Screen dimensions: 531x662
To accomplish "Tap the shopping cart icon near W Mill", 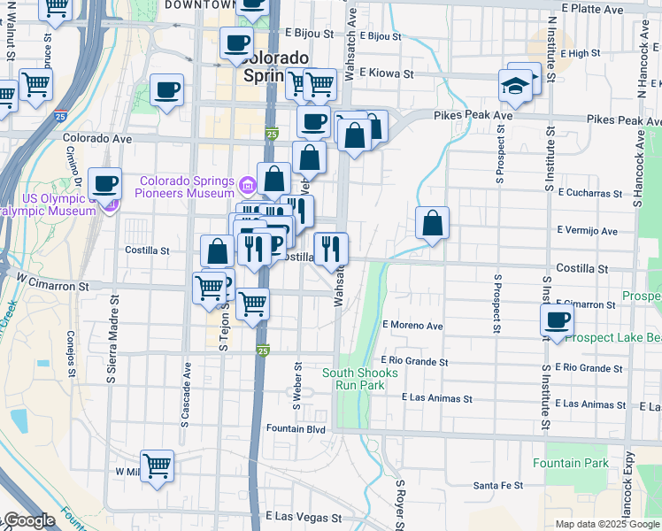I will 157,465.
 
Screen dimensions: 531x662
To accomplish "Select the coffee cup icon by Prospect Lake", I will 558,320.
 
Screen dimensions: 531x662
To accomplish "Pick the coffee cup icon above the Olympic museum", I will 105,183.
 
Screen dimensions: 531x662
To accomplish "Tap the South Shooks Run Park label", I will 353,379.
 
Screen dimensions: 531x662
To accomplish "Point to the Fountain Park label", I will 576,463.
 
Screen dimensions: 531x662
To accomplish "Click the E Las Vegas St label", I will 304,517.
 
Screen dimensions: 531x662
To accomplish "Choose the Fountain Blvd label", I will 296,429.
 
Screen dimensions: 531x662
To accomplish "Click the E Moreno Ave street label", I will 412,326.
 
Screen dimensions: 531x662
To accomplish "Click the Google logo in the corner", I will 28,520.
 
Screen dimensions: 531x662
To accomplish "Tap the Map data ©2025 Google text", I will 607,524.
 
